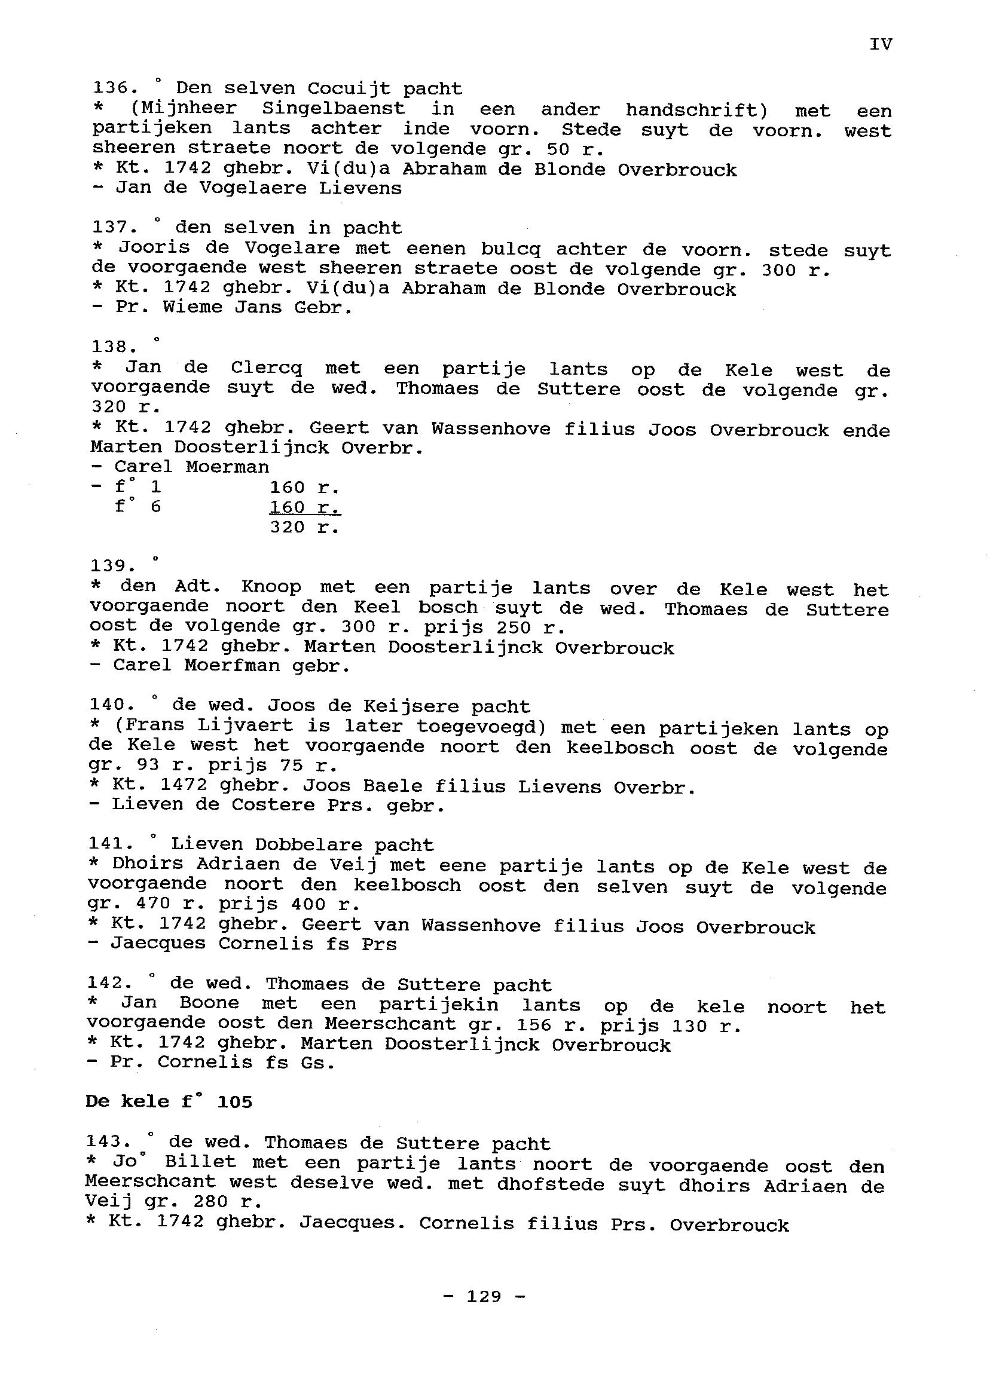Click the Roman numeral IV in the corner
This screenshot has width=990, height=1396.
tap(880, 44)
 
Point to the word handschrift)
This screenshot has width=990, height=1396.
tap(697, 111)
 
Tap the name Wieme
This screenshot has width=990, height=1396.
tap(192, 307)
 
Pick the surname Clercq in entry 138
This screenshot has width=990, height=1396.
tap(267, 368)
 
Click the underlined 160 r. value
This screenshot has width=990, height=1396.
tap(304, 507)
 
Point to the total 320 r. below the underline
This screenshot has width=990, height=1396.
tap(304, 527)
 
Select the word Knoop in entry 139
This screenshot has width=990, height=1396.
tap(271, 587)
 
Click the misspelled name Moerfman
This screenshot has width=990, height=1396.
tap(233, 665)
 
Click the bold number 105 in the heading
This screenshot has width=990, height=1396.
tap(235, 1102)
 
